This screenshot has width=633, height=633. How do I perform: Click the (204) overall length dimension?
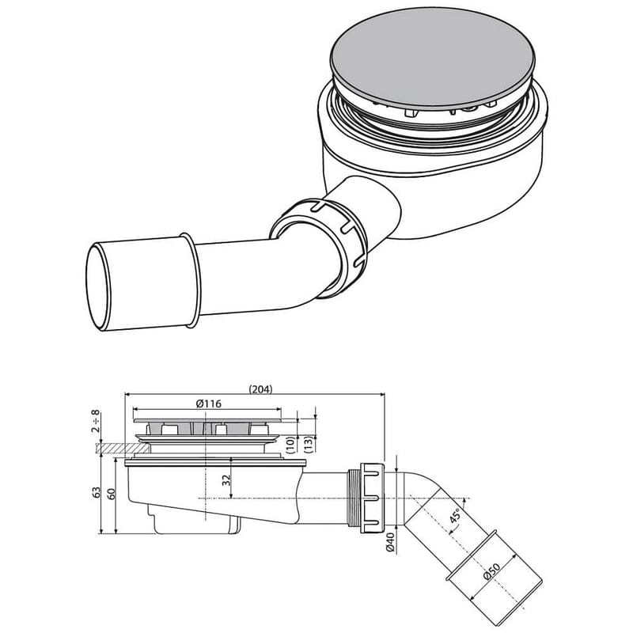tap(262, 389)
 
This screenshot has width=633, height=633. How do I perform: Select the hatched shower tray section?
tap(106, 448)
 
